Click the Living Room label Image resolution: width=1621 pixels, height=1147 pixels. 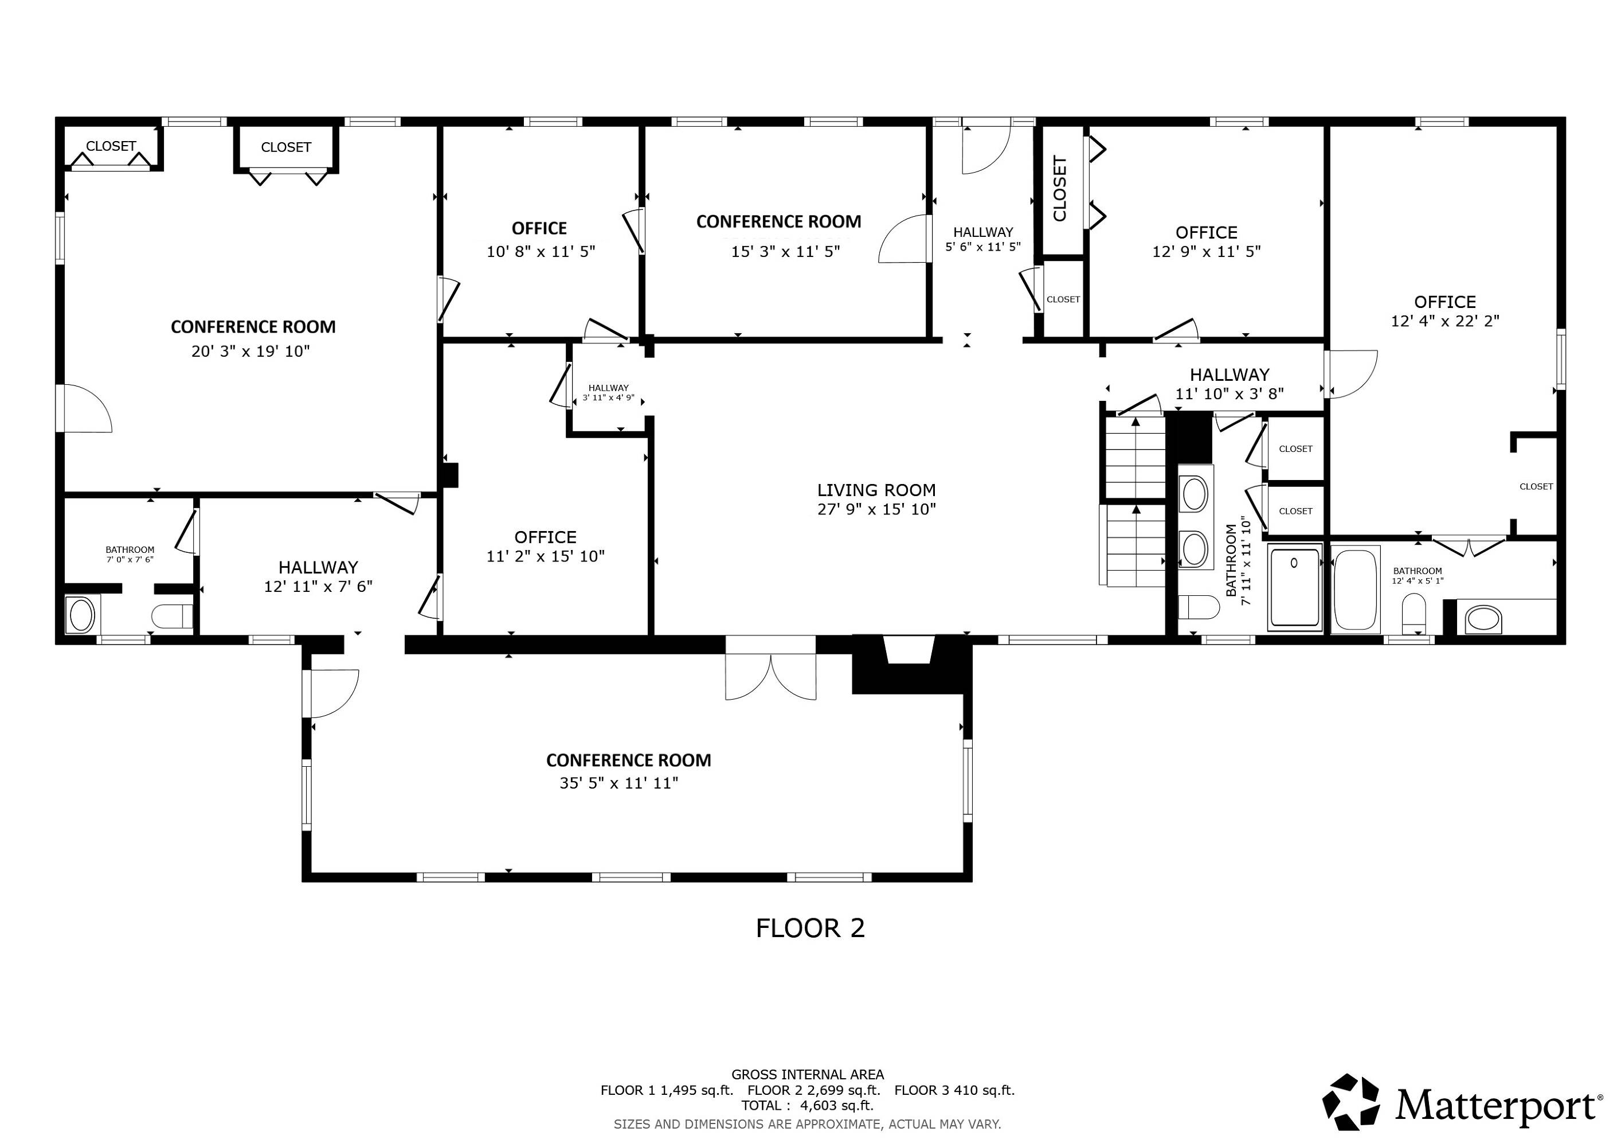[876, 490]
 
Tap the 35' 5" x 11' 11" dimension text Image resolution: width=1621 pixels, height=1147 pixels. [619, 783]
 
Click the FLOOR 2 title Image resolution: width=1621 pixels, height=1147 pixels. [810, 928]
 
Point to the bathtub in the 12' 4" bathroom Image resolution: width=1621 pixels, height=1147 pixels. [1356, 588]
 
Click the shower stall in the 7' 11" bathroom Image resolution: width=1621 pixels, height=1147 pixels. [1295, 587]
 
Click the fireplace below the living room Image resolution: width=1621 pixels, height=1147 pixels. [911, 664]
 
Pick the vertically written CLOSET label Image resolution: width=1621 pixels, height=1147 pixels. [1060, 189]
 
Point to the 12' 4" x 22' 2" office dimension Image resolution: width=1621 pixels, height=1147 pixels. [1445, 321]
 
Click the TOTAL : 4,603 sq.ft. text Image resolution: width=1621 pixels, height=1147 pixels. [808, 1105]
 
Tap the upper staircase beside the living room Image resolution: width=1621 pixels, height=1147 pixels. [1134, 457]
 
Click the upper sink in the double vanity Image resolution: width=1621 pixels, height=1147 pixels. [1195, 494]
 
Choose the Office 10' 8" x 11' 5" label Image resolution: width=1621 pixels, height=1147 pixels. [540, 239]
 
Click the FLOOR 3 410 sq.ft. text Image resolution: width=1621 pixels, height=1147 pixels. [954, 1090]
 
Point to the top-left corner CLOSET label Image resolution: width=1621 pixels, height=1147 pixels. [111, 146]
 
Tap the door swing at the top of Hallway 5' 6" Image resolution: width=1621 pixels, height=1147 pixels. [987, 150]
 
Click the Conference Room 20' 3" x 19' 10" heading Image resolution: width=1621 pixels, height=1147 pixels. [253, 327]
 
